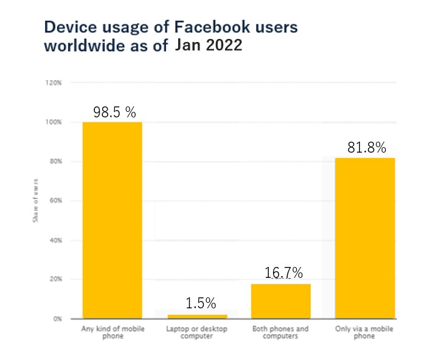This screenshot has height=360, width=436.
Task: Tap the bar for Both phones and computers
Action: [280, 301]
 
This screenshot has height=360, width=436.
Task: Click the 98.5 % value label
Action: [114, 112]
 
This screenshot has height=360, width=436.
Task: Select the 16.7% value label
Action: [283, 273]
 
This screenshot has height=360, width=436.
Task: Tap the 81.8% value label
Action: [367, 148]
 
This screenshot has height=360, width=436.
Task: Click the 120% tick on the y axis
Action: [54, 83]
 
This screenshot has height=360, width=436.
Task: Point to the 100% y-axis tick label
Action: [54, 122]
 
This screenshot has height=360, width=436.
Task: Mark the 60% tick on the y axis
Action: [55, 201]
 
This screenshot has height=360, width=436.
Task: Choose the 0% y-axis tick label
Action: [57, 319]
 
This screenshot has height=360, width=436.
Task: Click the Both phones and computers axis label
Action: [280, 333]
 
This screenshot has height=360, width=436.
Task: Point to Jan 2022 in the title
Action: [209, 46]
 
